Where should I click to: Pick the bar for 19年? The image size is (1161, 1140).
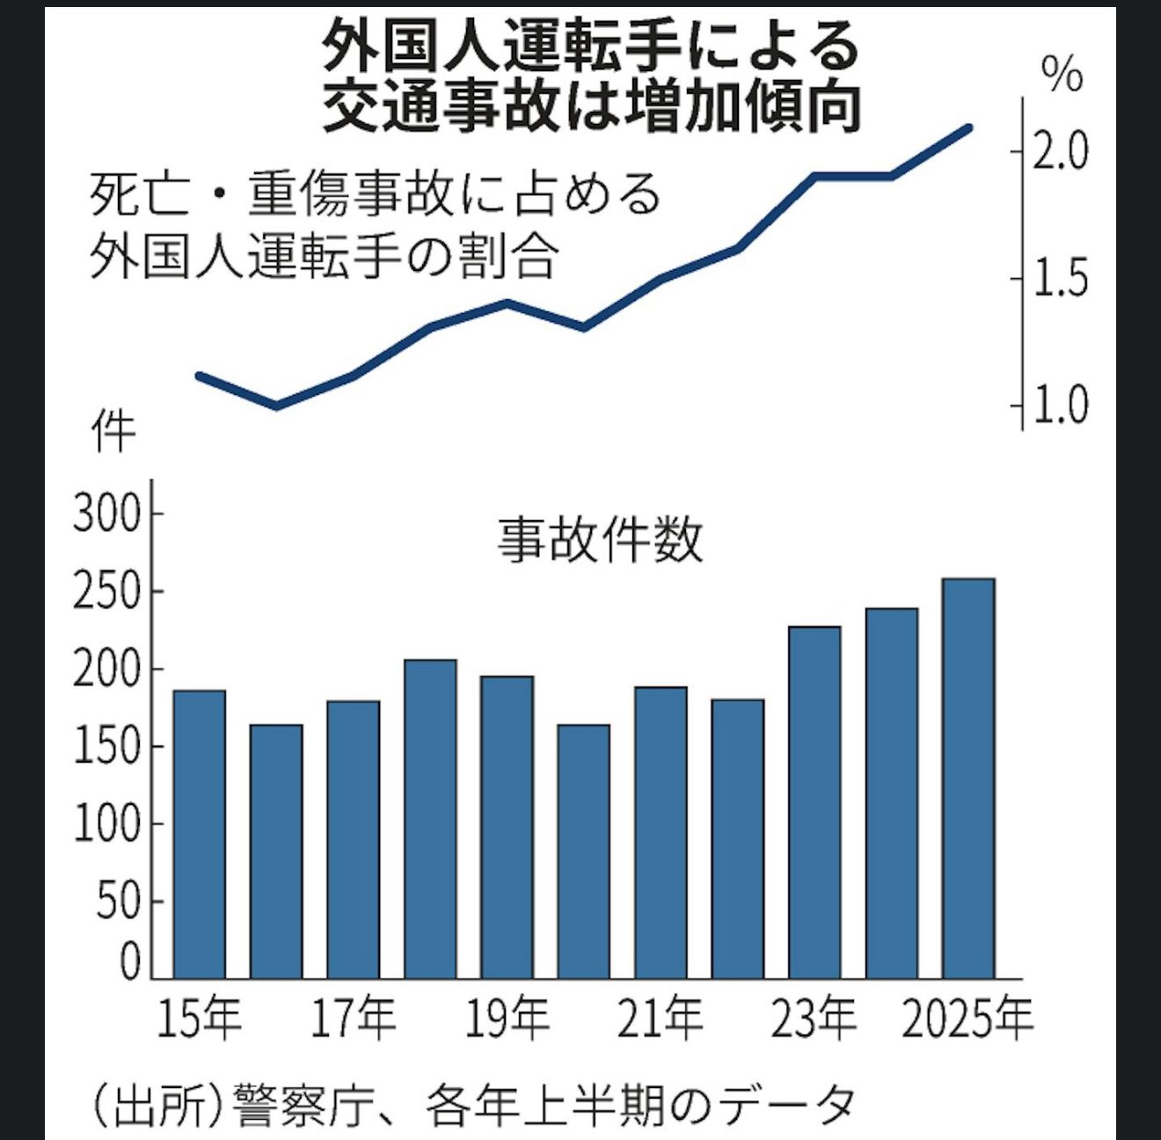(x=507, y=827)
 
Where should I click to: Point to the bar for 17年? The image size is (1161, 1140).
(x=353, y=839)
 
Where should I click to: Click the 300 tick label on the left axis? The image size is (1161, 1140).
(x=106, y=515)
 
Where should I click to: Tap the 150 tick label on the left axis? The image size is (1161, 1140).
(x=106, y=747)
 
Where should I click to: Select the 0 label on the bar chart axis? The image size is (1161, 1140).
(x=129, y=961)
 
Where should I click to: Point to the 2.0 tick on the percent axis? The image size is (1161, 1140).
(x=1060, y=152)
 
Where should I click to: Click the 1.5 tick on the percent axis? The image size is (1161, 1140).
(x=1060, y=279)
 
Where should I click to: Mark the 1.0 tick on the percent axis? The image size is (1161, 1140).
(x=1060, y=406)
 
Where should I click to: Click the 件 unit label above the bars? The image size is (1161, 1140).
(x=114, y=432)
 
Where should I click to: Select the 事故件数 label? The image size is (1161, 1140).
(x=601, y=539)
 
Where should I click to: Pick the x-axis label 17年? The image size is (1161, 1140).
(x=353, y=1019)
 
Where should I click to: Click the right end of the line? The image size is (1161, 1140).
(x=967, y=128)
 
